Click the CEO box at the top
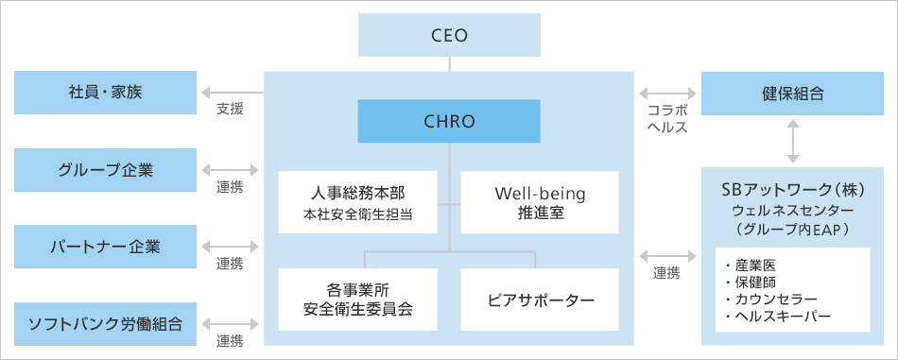[x=449, y=36]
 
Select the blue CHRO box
[x=449, y=122]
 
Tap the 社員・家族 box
[x=105, y=93]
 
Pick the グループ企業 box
[x=105, y=170]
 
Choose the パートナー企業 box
[x=105, y=247]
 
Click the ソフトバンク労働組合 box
[x=105, y=324]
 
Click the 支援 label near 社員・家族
[x=230, y=110]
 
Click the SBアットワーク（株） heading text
[x=792, y=189]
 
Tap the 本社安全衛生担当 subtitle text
[x=358, y=214]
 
